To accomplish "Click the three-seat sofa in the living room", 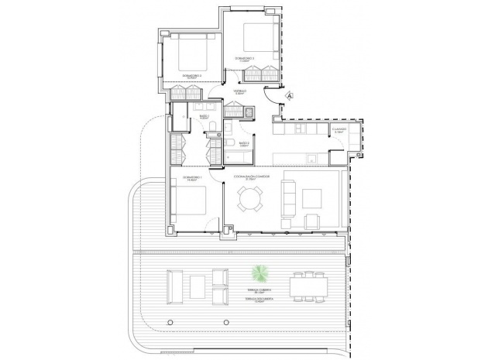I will pos(290,199).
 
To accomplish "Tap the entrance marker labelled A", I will pos(289,95).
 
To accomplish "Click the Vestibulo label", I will pos(241,91).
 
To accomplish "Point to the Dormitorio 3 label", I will pos(191,76).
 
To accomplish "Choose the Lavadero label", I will pos(339,130).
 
